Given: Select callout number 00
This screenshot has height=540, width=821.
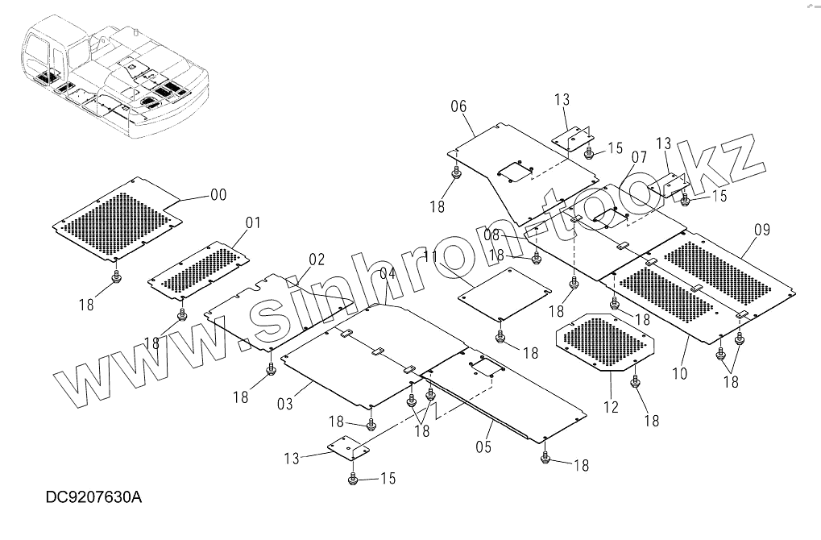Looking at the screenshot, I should [218, 195].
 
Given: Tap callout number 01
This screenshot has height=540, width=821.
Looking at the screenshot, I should [253, 222].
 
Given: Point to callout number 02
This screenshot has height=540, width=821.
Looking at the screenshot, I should [316, 260].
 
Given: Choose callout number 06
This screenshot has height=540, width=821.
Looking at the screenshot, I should [458, 106].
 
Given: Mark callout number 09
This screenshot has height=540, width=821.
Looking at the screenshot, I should [761, 230].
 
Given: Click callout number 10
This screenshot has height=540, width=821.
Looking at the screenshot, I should [678, 373].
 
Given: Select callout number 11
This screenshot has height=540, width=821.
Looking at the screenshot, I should [430, 257].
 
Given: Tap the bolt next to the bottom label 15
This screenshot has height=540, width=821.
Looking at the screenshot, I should [353, 480].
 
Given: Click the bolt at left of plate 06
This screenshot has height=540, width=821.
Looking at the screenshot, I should [457, 173].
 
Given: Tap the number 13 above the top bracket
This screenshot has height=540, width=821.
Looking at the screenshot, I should [562, 100].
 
